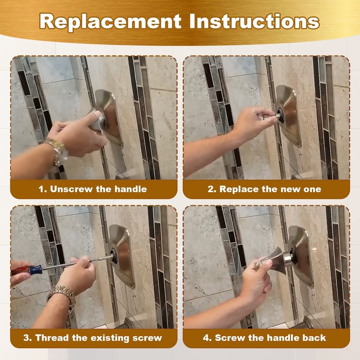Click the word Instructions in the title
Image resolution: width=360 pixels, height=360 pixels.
[254, 21]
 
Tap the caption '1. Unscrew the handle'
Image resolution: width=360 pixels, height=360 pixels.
[93, 189]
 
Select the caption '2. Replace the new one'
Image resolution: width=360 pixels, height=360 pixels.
[264, 189]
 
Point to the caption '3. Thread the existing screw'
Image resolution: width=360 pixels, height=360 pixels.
[93, 338]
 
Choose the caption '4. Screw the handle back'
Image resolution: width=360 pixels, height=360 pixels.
[264, 338]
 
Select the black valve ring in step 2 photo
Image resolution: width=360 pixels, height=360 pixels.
[280, 115]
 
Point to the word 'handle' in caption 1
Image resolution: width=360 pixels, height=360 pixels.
[130, 189]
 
